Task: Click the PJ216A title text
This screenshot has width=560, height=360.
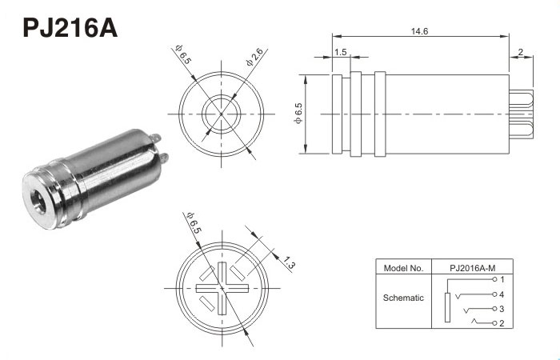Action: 70,27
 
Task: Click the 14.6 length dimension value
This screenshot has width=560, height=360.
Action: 419,31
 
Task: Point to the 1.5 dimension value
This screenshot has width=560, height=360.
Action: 341,52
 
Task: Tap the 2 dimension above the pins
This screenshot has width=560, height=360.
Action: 520,52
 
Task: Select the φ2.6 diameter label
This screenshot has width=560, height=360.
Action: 255,57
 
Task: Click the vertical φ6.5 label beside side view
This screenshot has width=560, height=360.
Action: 298,114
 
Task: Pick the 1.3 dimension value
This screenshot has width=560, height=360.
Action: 288,263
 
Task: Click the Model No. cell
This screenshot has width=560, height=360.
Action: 403,268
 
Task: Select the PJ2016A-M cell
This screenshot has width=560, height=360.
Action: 473,268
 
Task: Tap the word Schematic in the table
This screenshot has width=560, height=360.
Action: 403,298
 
